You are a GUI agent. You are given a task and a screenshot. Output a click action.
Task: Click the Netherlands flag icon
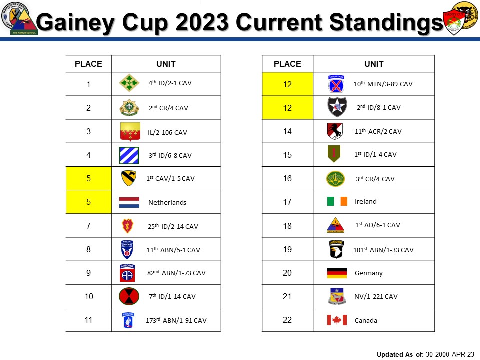pos(129,202)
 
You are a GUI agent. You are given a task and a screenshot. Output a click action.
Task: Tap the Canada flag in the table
pos(337,320)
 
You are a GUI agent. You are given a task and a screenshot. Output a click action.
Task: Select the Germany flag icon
pos(337,273)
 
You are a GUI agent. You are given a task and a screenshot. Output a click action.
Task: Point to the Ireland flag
pos(337,201)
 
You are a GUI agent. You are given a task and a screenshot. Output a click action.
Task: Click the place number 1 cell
pos(88,84)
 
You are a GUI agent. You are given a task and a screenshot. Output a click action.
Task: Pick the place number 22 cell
pos(287,320)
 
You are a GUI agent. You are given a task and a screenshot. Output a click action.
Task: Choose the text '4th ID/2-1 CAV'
pos(170,83)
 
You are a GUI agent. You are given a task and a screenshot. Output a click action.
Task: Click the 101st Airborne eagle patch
pos(336,249)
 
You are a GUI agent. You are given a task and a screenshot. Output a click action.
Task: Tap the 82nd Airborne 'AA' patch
pos(127,273)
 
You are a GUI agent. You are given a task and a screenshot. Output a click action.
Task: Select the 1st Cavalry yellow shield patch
pos(128,178)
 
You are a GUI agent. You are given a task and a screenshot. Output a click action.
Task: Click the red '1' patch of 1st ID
pos(334,154)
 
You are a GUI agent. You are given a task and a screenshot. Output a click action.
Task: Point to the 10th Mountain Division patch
pos(335,84)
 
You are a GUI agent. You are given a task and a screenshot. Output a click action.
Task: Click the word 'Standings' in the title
pos(384,22)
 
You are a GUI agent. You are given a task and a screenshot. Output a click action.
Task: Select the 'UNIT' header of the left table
pos(166,64)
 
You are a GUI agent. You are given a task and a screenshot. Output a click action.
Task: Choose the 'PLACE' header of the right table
pos(287,64)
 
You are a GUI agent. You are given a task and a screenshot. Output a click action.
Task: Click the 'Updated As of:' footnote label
pos(400,354)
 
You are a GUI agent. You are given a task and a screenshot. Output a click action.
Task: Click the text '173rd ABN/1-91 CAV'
pos(176,320)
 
